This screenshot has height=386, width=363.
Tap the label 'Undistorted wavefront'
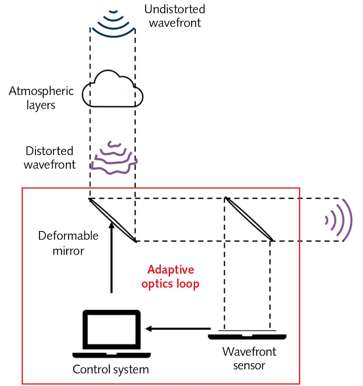(175, 16)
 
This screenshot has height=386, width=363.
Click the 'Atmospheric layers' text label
(41, 98)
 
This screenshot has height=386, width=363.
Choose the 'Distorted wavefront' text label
(50, 158)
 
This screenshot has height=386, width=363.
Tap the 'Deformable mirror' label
(68, 243)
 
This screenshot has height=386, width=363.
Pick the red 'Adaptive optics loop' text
(170, 277)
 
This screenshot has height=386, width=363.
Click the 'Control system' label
(111, 369)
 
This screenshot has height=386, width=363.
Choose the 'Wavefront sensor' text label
(249, 358)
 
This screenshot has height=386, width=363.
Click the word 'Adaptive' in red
(171, 269)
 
